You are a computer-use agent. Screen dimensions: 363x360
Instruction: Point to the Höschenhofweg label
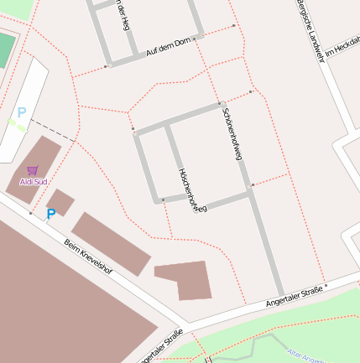pyautogui.click(x=192, y=189)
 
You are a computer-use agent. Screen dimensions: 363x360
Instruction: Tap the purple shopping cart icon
pyautogui.click(x=33, y=170)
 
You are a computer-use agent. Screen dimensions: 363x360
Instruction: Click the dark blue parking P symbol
pyautogui.click(x=50, y=215)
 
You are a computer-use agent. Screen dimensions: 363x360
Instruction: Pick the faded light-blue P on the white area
pyautogui.click(x=22, y=111)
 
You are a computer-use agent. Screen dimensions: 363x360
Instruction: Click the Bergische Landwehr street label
pyautogui.click(x=310, y=32)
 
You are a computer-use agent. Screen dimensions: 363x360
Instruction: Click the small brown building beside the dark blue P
pyautogui.click(x=60, y=202)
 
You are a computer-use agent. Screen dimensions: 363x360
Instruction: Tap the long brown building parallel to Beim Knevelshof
pyautogui.click(x=111, y=243)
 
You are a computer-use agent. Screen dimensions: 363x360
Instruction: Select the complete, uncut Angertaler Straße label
pyautogui.click(x=294, y=295)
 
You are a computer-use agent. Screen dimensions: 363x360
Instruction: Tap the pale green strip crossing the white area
pyautogui.click(x=17, y=123)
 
